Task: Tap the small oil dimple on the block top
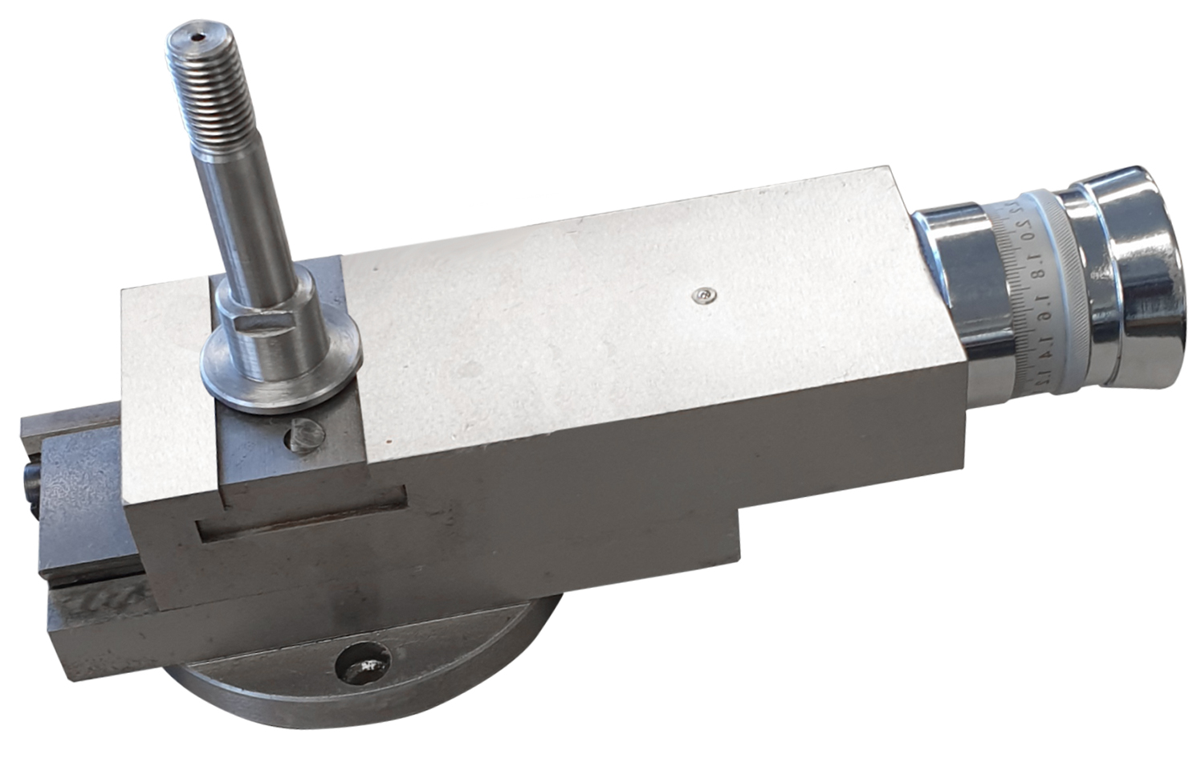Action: coord(704,296)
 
